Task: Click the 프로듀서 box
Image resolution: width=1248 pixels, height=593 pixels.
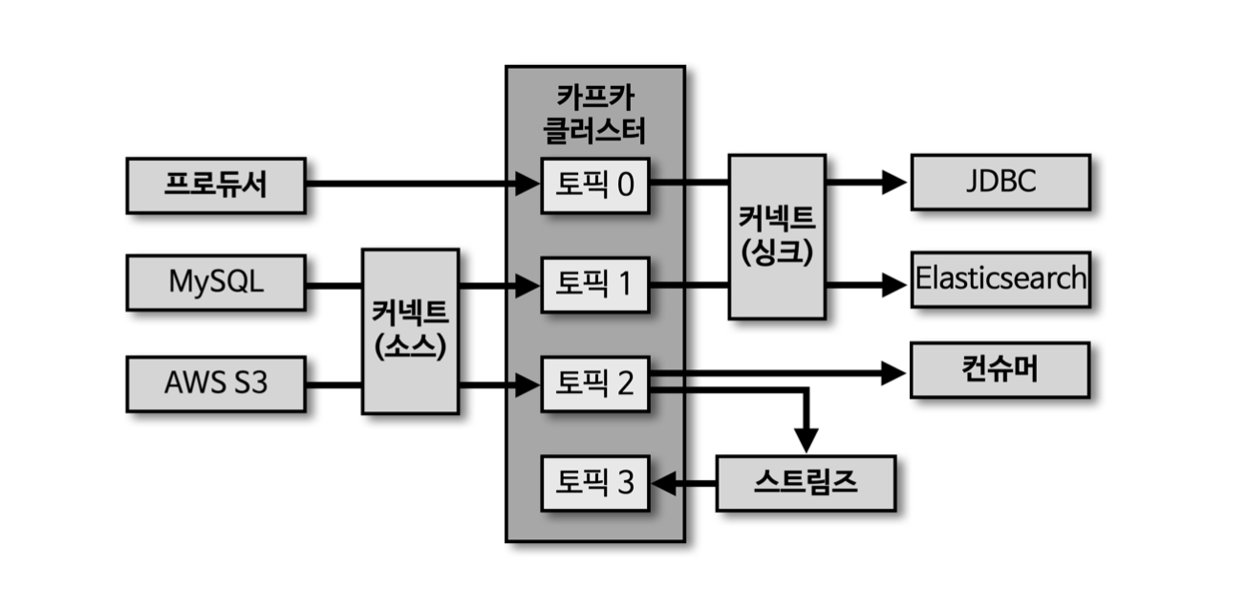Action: [x=216, y=186]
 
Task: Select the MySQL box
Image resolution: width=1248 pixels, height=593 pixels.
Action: [x=216, y=284]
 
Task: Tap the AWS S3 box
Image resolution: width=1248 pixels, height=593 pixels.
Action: [x=216, y=384]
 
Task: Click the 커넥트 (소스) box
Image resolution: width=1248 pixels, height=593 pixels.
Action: [x=410, y=331]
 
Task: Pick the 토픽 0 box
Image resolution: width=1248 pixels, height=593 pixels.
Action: [x=595, y=185]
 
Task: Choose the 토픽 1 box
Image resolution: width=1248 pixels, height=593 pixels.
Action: [x=595, y=284]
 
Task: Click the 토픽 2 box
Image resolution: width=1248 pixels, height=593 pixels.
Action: [x=595, y=384]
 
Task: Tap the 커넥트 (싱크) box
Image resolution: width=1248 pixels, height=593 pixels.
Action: [x=777, y=235]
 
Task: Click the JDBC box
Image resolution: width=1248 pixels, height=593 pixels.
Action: [x=1000, y=182]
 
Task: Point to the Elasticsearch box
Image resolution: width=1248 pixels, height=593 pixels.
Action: [x=1000, y=279]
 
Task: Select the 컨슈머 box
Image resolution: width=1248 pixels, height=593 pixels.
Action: [x=1000, y=370]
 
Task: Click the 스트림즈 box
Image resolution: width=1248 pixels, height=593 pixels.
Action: [x=806, y=483]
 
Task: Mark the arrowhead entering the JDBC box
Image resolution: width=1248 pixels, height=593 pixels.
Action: [x=894, y=182]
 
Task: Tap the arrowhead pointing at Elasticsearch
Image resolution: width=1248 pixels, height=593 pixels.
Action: [x=894, y=283]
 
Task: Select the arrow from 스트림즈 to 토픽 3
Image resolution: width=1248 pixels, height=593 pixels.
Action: [x=683, y=484]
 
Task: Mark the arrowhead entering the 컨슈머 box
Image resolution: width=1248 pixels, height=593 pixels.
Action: [x=893, y=373]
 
